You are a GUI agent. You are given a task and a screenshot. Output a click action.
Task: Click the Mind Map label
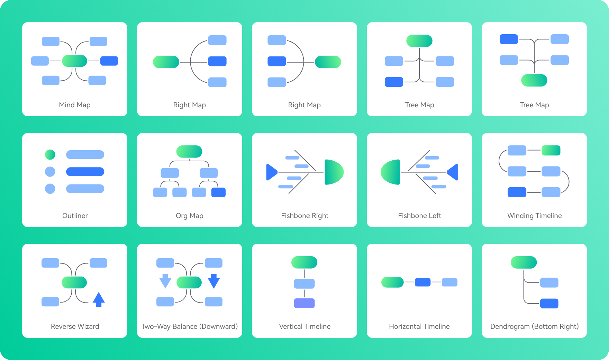pos(75,105)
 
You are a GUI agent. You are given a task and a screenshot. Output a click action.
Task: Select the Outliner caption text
pos(75,216)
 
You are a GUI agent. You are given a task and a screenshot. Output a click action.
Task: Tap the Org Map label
pos(190,216)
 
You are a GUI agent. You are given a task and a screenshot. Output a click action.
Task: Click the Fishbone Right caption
pos(304,216)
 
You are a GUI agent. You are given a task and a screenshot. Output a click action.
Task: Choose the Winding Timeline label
pos(534,216)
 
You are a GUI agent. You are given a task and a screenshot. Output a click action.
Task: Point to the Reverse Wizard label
pos(75,326)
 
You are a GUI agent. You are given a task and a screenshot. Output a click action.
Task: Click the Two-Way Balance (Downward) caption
pos(190,326)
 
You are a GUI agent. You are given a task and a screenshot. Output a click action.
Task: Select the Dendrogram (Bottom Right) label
pos(534,326)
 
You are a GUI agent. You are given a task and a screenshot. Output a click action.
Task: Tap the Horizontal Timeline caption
pos(419,326)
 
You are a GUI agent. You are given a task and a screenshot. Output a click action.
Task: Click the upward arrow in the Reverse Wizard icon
pos(99,299)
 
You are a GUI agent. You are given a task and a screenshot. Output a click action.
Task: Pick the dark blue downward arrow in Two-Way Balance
pos(214,281)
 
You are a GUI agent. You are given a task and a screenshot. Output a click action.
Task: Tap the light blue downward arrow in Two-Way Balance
pos(165,281)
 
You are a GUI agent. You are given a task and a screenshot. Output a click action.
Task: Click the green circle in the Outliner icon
pos(50,154)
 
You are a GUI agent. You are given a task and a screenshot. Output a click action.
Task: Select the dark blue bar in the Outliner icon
pos(85,172)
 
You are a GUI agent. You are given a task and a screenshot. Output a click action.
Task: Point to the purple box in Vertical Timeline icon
pos(304,303)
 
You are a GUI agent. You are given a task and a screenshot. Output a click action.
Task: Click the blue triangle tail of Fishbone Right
pos(271,172)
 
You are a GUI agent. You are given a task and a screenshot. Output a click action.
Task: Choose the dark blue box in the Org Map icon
pos(218,192)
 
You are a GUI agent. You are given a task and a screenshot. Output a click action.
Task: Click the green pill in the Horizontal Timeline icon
pos(392,282)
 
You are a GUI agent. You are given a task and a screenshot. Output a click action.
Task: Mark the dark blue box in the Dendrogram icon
pos(549,304)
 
